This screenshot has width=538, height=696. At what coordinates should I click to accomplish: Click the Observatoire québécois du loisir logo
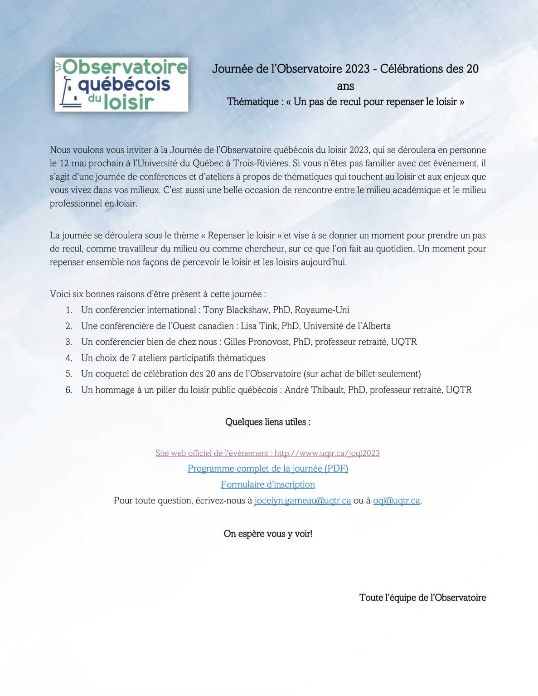[121, 84]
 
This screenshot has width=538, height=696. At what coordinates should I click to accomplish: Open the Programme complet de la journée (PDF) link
[268, 469]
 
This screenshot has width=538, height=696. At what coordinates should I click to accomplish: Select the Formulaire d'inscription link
[268, 484]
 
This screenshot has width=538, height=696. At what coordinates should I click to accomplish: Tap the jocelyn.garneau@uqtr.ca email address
[303, 501]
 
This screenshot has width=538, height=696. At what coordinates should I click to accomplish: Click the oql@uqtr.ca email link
[396, 501]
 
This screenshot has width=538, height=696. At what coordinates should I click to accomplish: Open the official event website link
[268, 453]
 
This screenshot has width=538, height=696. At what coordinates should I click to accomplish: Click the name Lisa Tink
[259, 326]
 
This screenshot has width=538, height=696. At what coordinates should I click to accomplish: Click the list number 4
[69, 358]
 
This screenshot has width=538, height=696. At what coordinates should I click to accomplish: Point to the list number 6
[69, 390]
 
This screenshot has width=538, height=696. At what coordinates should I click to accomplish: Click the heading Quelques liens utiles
[268, 422]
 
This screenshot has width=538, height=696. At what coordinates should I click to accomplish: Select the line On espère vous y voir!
[268, 534]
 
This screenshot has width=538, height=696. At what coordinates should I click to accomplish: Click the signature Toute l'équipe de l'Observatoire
[422, 598]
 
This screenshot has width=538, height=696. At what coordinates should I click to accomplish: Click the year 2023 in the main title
[357, 69]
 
